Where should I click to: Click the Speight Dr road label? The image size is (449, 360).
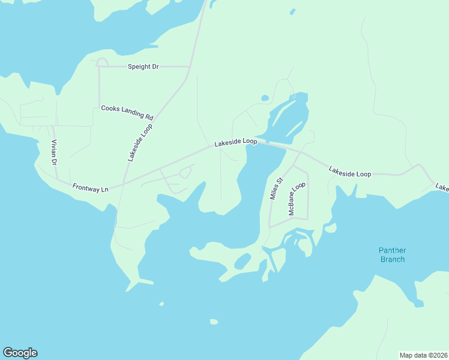(143, 67)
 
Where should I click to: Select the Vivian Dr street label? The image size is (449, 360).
(53, 152)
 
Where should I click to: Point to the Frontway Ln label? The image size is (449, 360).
(90, 188)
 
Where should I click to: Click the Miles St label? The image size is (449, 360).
(276, 188)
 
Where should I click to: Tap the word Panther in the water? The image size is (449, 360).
(392, 250)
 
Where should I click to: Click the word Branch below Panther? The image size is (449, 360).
(392, 259)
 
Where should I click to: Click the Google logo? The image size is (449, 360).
(20, 353)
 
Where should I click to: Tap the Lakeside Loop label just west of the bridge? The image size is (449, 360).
(236, 142)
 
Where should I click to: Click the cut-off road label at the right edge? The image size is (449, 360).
(442, 188)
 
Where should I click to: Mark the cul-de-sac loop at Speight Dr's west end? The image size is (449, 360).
(102, 62)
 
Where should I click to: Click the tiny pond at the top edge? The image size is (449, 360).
(292, 11)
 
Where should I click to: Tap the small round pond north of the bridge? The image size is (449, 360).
(264, 98)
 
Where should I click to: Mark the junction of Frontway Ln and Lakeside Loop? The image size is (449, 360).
(124, 184)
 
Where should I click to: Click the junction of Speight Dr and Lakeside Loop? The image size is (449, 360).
(190, 67)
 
